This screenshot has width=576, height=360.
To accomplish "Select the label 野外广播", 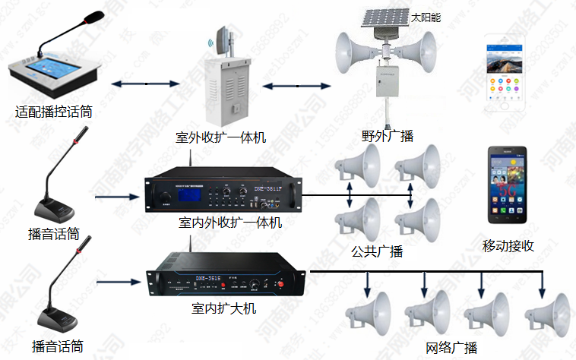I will tap(388, 137).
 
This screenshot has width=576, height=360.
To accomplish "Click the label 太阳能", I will tap(426, 17).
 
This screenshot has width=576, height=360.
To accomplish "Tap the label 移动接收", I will tap(508, 246).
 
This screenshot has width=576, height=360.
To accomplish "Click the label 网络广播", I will tap(451, 349).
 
